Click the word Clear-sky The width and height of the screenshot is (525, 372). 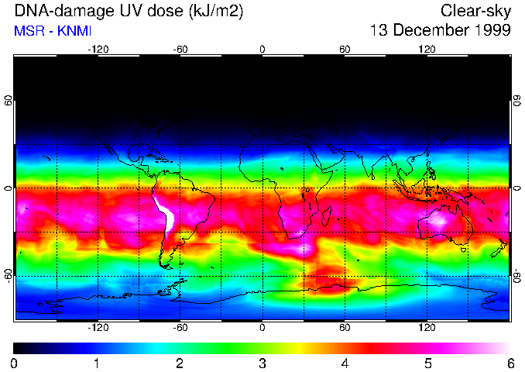(x=475, y=11)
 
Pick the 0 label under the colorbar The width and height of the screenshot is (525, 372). (x=15, y=363)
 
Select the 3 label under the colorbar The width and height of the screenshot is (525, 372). (x=262, y=363)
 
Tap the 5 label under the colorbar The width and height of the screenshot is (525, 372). (x=427, y=363)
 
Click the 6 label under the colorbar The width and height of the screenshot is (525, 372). (x=510, y=363)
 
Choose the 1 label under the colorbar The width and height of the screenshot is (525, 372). (x=97, y=363)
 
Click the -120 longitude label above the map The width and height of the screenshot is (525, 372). (x=98, y=49)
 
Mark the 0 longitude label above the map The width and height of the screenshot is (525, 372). (x=262, y=49)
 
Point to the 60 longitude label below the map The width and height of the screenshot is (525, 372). (x=345, y=328)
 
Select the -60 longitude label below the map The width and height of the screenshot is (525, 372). (x=180, y=328)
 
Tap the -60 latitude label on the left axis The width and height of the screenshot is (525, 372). (x=9, y=275)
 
